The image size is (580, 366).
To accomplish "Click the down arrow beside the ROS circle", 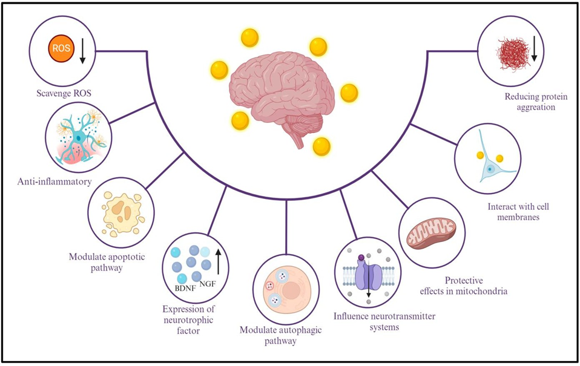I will coord(83,52).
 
